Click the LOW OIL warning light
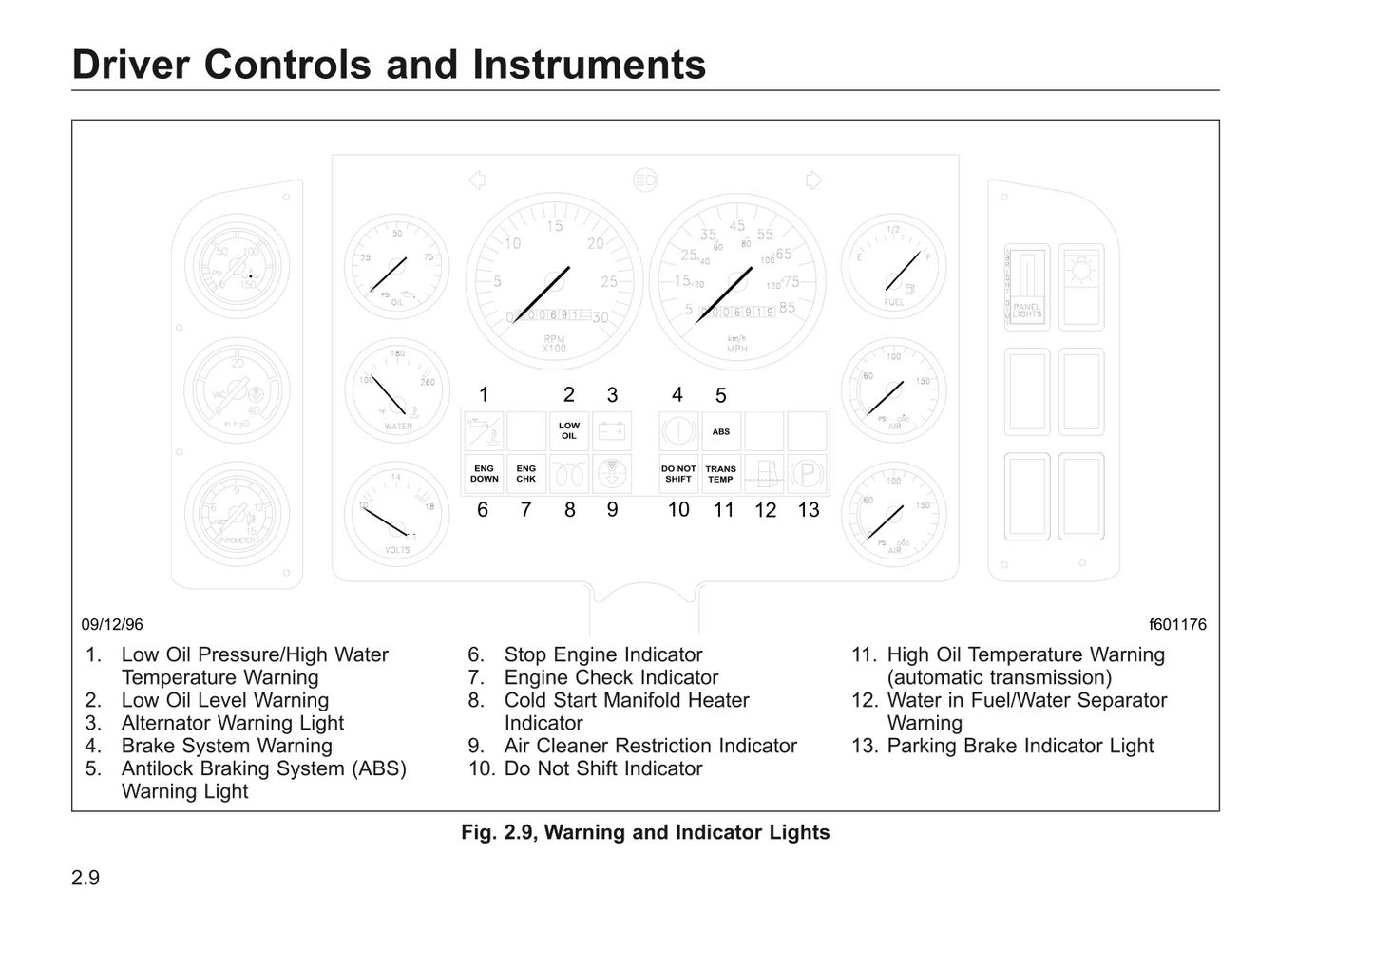pyautogui.click(x=569, y=431)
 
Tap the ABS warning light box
pyautogui.click(x=721, y=431)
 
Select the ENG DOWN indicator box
pyautogui.click(x=484, y=474)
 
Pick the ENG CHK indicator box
pyautogui.click(x=526, y=474)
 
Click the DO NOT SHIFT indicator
pyautogui.click(x=678, y=474)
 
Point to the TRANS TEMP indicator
pyautogui.click(x=721, y=474)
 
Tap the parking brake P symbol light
pyautogui.click(x=807, y=473)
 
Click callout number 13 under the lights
pyautogui.click(x=809, y=510)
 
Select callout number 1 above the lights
pyautogui.click(x=484, y=395)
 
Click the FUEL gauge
pyautogui.click(x=894, y=266)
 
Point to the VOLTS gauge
pyautogui.click(x=397, y=514)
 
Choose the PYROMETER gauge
pyautogui.click(x=237, y=514)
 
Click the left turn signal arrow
pyautogui.click(x=478, y=180)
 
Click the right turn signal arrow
pyautogui.click(x=813, y=180)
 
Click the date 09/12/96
pyautogui.click(x=112, y=624)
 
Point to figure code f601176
pyautogui.click(x=1177, y=624)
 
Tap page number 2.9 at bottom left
pyautogui.click(x=86, y=878)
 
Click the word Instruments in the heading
pyautogui.click(x=589, y=65)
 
